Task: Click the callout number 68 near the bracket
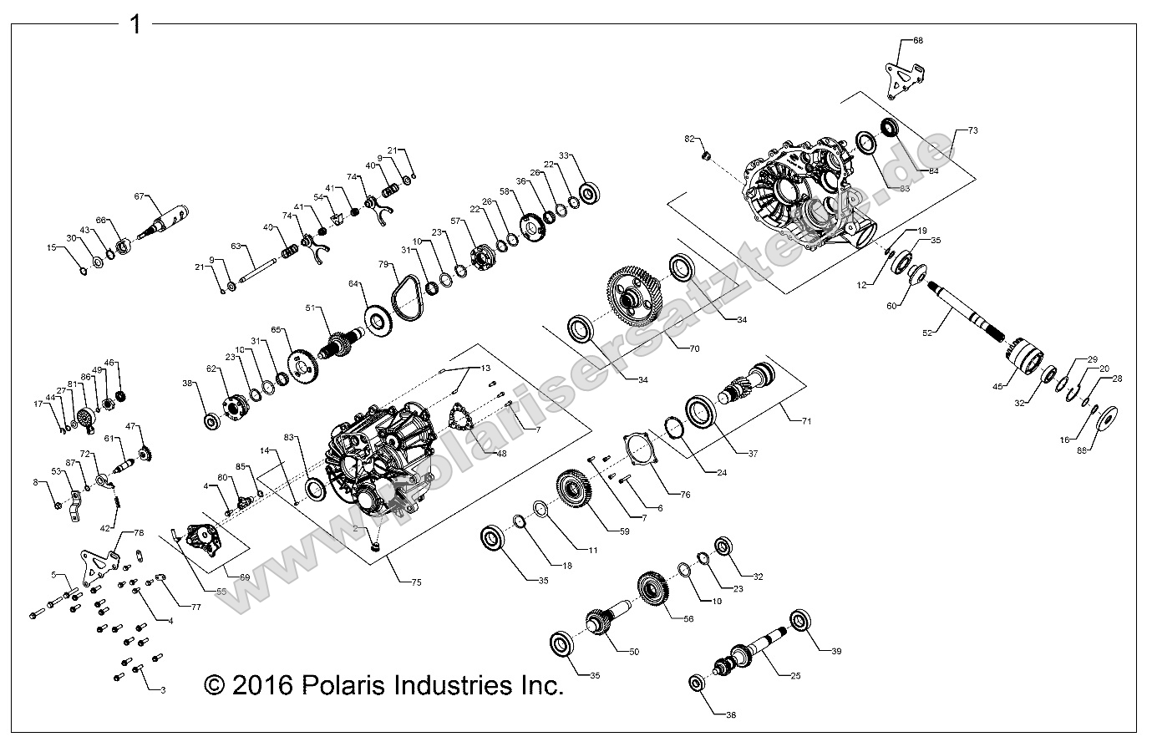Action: (918, 40)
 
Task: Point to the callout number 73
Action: (973, 131)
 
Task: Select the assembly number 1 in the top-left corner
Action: (134, 24)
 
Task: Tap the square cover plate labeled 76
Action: (642, 452)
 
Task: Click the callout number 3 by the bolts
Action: (162, 689)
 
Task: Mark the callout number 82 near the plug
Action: (690, 138)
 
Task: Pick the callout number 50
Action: (633, 651)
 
